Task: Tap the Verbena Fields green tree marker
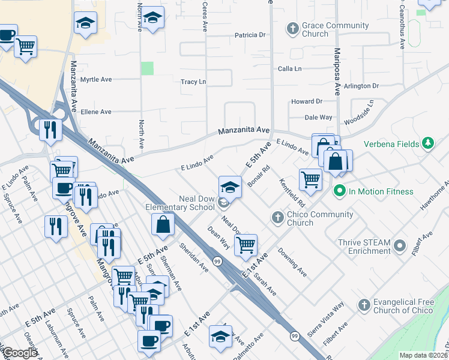[x=428, y=143]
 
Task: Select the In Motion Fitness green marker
[x=339, y=191]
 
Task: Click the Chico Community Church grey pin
[x=277, y=217]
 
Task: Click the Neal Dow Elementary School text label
[x=180, y=203]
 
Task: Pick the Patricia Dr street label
[x=250, y=35]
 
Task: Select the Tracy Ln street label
[x=193, y=82]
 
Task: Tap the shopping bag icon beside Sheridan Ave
[x=163, y=224]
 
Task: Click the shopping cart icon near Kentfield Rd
[x=310, y=179]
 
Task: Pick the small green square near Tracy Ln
[x=147, y=68]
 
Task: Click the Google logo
[x=20, y=353]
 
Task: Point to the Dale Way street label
[x=319, y=118]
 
